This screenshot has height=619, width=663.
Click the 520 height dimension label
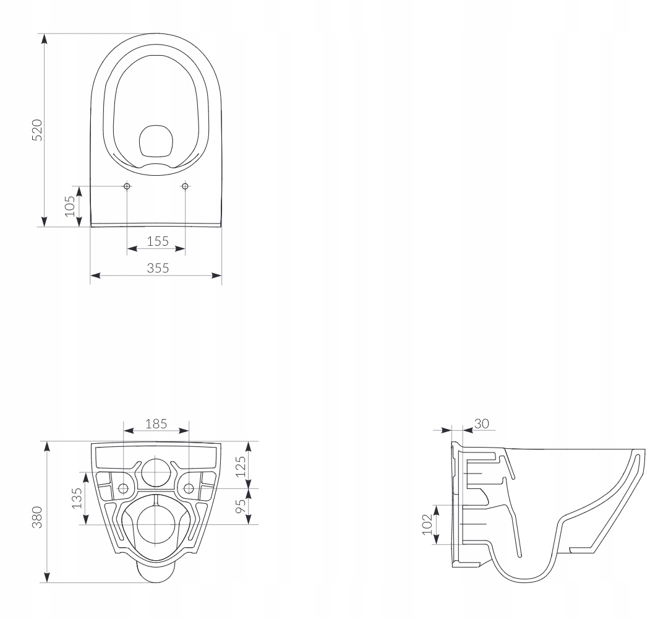click(x=38, y=130)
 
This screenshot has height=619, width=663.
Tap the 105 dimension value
click(x=70, y=207)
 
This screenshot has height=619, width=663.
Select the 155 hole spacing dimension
click(x=158, y=241)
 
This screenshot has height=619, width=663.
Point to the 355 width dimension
click(x=158, y=268)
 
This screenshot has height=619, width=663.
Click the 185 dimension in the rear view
click(x=156, y=423)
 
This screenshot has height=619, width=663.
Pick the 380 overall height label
click(x=38, y=517)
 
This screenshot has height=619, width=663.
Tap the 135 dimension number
click(x=77, y=498)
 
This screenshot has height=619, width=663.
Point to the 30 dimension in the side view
click(x=482, y=423)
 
